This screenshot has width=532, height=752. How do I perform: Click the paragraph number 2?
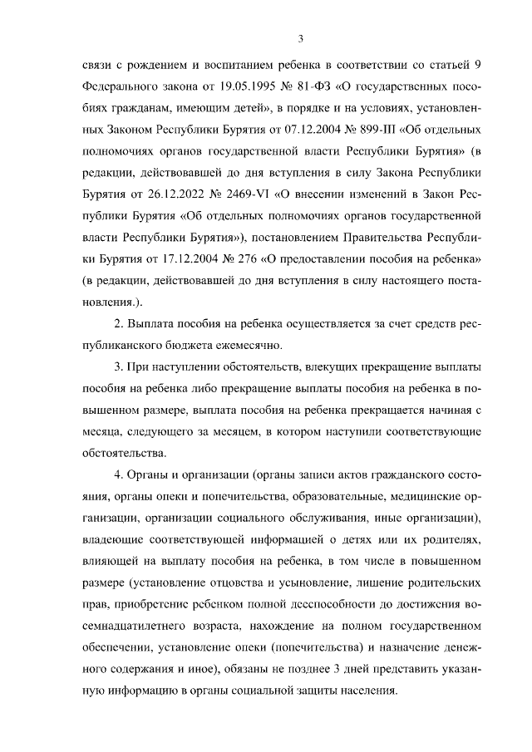click(x=118, y=322)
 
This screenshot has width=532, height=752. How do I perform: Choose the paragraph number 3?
click(x=118, y=366)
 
